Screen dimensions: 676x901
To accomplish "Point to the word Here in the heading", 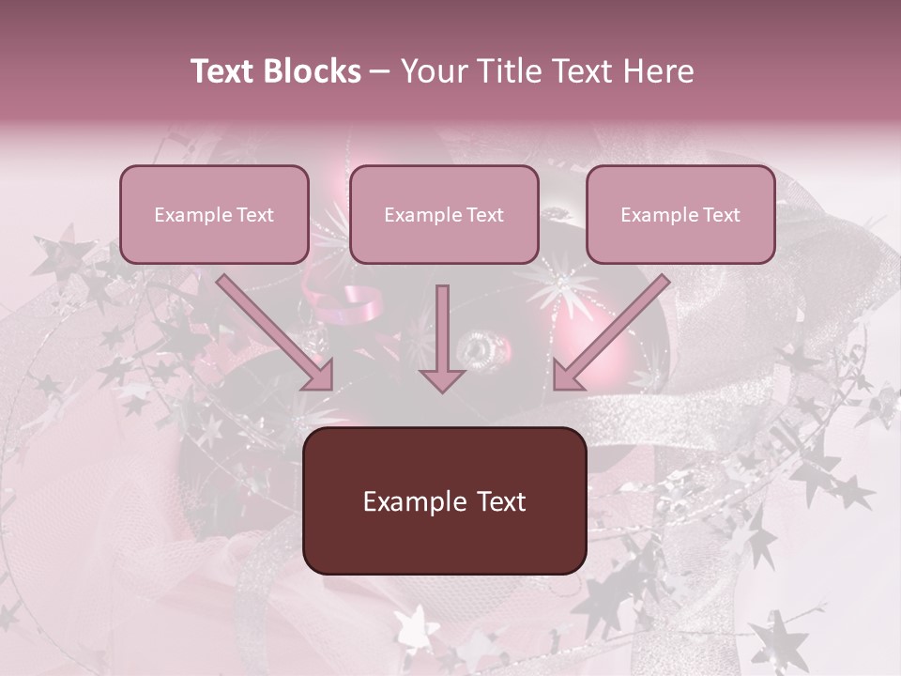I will point(659,71).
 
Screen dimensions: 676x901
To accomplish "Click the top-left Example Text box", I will point(214,214).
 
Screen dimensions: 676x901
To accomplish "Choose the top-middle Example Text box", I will point(444,214).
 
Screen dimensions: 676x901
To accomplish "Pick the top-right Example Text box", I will point(680,214).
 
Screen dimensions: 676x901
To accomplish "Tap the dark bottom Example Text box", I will point(444,500).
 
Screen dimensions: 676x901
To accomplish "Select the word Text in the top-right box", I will point(721,215).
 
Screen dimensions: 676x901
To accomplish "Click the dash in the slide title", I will point(380,71).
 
